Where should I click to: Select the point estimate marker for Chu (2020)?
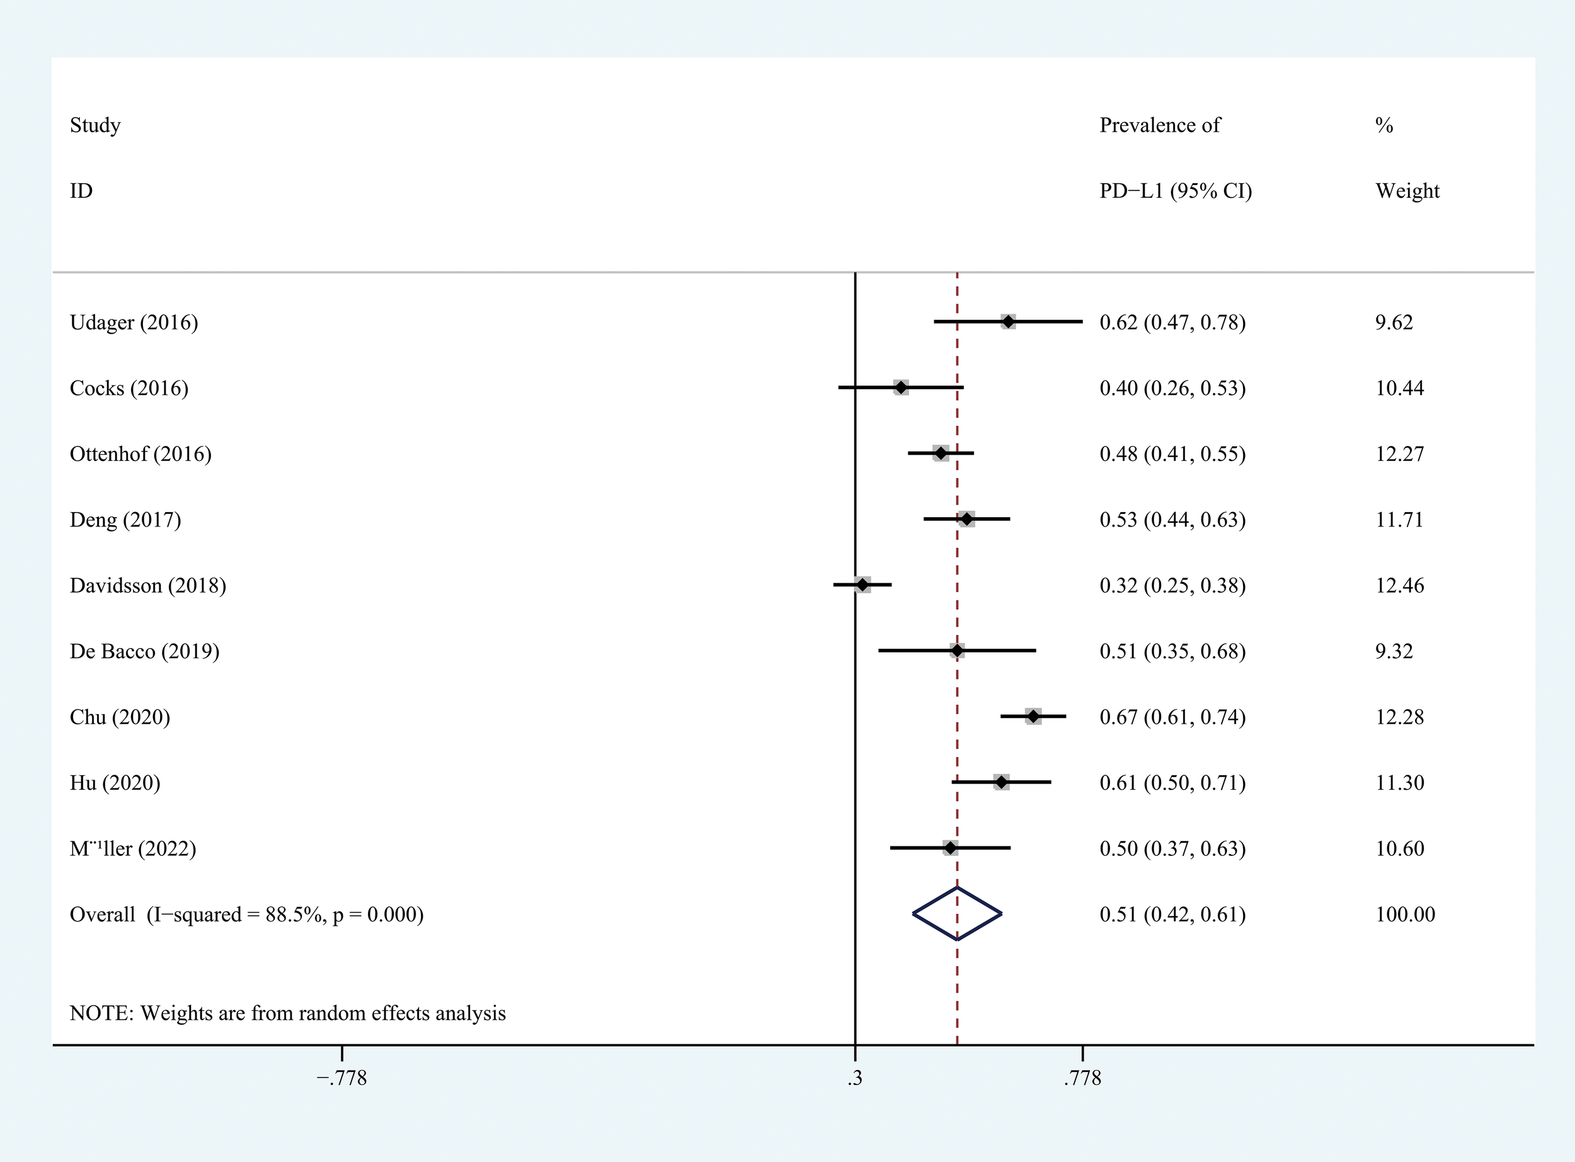click(x=1033, y=717)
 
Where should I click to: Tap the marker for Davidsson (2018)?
click(x=862, y=584)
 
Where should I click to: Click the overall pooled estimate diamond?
click(x=957, y=914)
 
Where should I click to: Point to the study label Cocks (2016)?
click(x=129, y=387)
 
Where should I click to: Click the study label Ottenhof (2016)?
click(x=140, y=453)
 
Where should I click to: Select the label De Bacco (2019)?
click(x=144, y=651)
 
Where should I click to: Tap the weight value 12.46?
click(x=1399, y=585)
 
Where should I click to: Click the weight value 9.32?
click(x=1394, y=651)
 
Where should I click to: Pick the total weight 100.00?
click(x=1405, y=914)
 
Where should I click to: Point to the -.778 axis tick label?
click(x=341, y=1078)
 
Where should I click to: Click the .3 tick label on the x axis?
click(x=855, y=1078)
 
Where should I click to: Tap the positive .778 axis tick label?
click(x=1082, y=1078)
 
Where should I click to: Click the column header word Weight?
click(x=1407, y=191)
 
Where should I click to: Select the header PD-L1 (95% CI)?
click(x=1176, y=191)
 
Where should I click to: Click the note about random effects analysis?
click(x=288, y=1013)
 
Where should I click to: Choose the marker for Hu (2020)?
click(x=1001, y=782)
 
